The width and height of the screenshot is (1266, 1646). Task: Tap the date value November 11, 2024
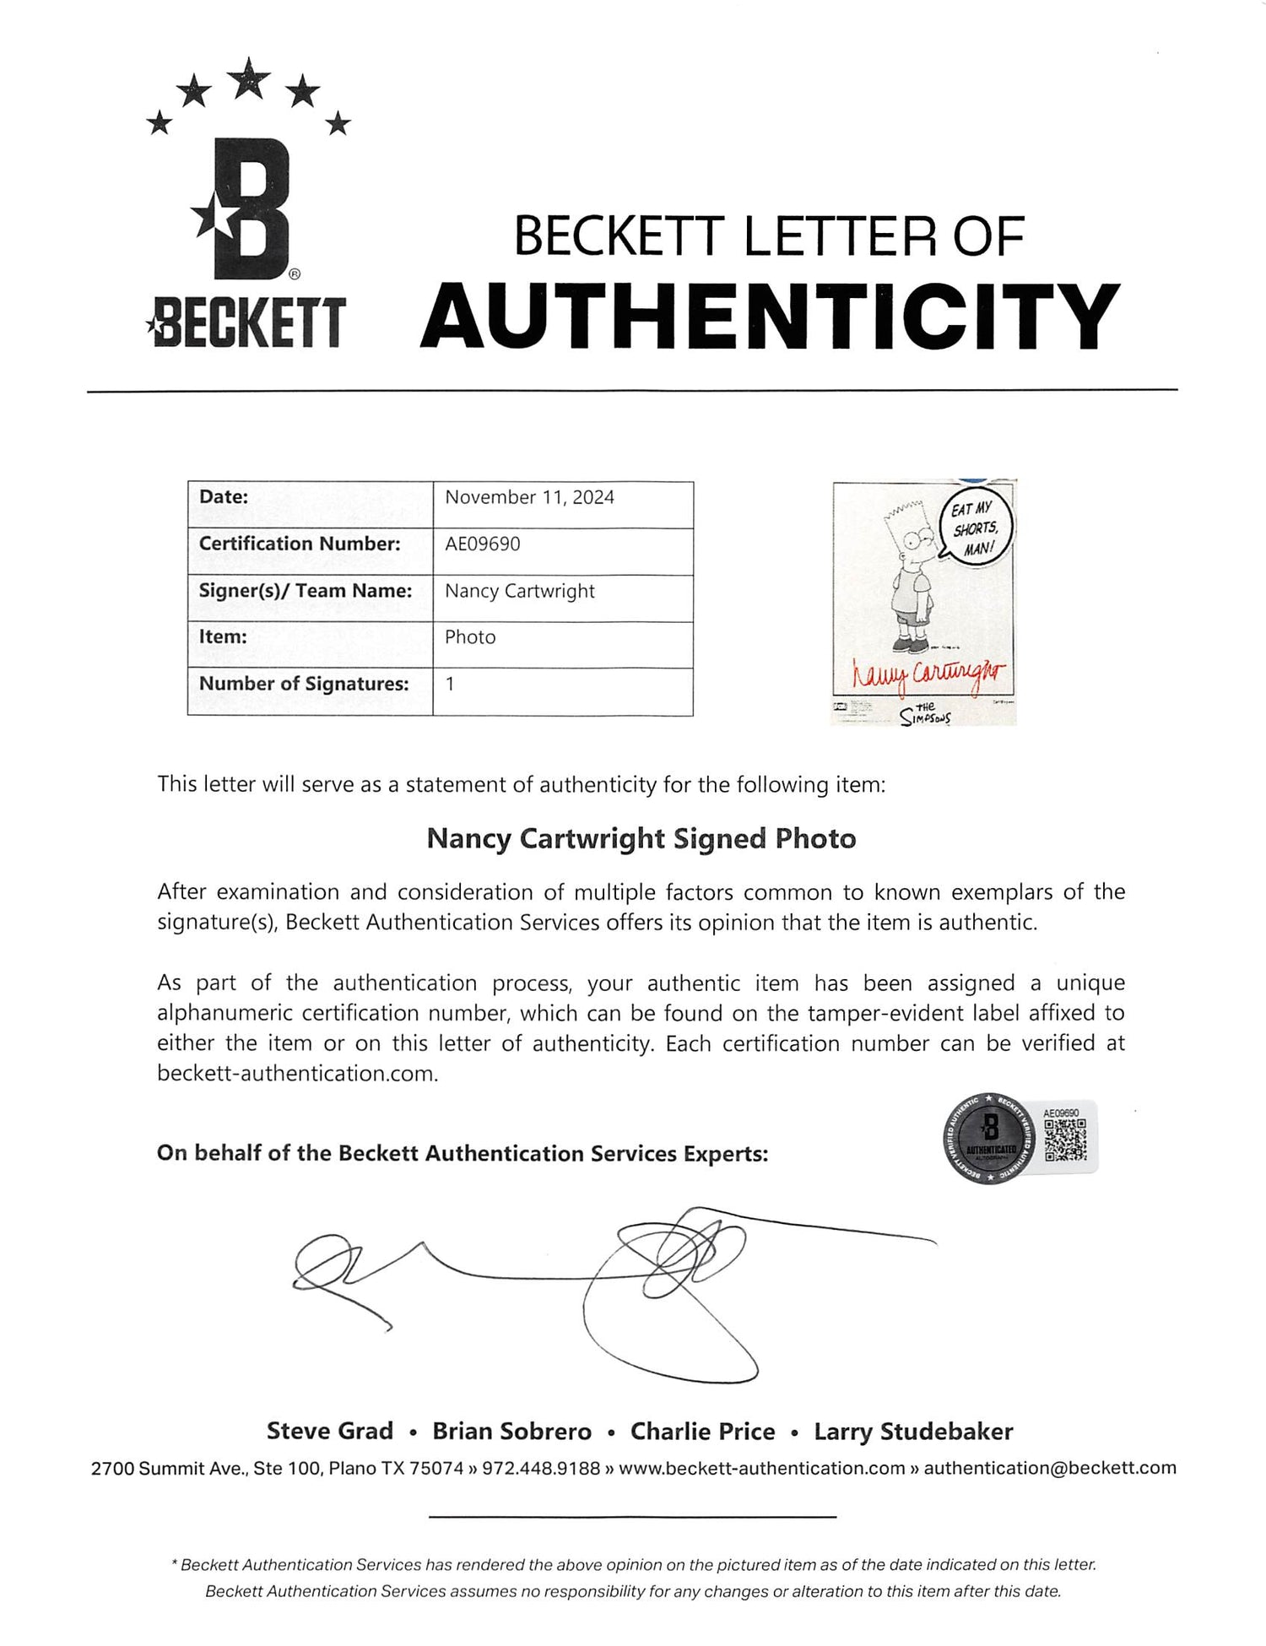pyautogui.click(x=529, y=497)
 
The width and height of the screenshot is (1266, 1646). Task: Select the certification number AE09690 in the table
pyautogui.click(x=482, y=544)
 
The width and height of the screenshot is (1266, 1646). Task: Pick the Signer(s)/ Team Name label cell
pyautogui.click(x=306, y=591)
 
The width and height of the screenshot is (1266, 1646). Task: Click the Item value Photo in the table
pyautogui.click(x=470, y=637)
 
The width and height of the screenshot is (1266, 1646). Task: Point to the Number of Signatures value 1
pyautogui.click(x=450, y=684)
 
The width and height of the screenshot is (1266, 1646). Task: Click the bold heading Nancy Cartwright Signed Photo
pyautogui.click(x=641, y=838)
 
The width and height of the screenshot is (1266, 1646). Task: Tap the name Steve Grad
pyautogui.click(x=330, y=1431)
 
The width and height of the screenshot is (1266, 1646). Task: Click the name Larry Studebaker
pyautogui.click(x=913, y=1431)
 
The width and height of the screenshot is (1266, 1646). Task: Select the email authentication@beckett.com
pyautogui.click(x=1050, y=1468)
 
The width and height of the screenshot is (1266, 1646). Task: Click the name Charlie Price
pyautogui.click(x=702, y=1431)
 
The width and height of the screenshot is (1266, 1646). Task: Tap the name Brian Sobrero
pyautogui.click(x=512, y=1431)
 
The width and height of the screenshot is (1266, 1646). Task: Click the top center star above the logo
pyautogui.click(x=249, y=80)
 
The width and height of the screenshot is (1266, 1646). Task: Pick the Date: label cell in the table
pyautogui.click(x=224, y=497)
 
